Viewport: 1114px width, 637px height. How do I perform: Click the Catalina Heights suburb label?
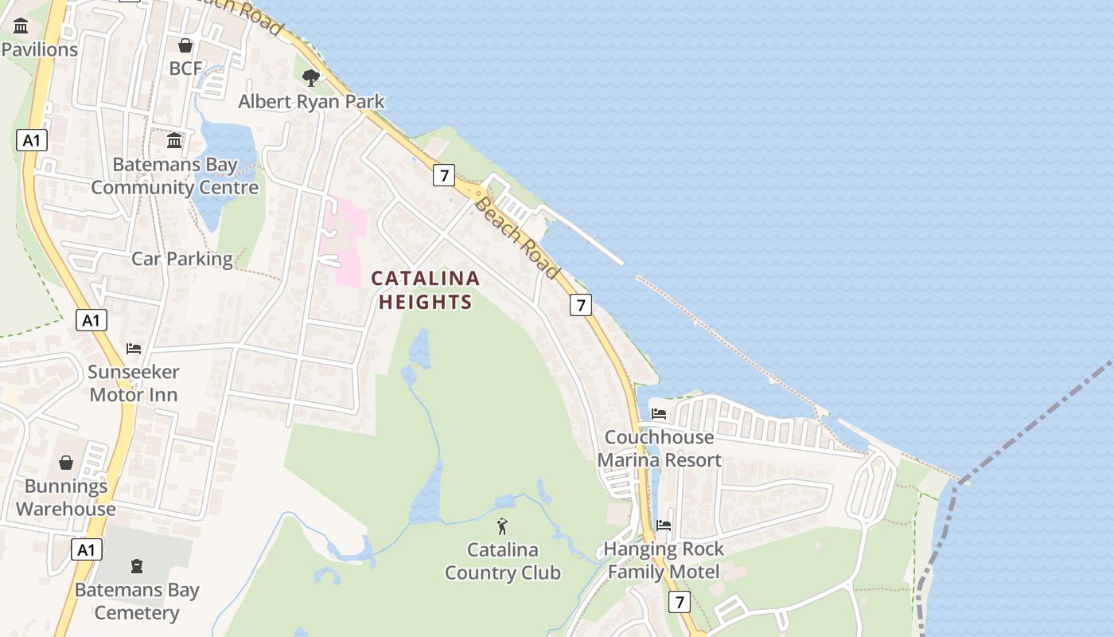tap(426, 290)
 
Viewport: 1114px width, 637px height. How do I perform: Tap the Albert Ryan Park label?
tap(312, 102)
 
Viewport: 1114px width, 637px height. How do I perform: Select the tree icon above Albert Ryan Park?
tap(311, 77)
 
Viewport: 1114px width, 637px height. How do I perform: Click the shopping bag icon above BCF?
tap(185, 45)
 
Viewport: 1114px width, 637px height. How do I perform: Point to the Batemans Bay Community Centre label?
tap(175, 177)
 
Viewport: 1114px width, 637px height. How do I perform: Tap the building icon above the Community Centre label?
tap(174, 141)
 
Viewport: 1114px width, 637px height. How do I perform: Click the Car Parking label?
tap(182, 259)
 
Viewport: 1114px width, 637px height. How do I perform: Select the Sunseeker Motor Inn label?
tap(134, 383)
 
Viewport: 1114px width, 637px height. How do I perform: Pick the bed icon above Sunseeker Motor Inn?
tap(134, 349)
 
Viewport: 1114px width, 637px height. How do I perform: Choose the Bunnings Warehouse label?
tap(66, 498)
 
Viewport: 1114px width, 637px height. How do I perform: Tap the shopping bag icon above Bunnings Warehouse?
tap(66, 463)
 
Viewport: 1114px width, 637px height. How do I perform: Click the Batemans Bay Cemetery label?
tap(137, 601)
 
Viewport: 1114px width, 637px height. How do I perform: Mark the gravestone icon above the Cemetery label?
tap(137, 566)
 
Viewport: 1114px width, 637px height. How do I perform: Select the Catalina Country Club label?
tap(503, 561)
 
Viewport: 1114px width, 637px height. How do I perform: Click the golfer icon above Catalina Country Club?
tap(502, 526)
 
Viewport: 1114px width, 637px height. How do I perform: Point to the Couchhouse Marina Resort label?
tap(660, 448)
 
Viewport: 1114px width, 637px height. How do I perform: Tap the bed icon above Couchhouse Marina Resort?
tap(659, 414)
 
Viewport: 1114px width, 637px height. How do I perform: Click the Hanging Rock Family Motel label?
tap(664, 560)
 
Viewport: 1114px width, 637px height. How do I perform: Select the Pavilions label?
tap(40, 49)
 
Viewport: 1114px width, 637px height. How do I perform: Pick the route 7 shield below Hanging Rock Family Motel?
tap(679, 603)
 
